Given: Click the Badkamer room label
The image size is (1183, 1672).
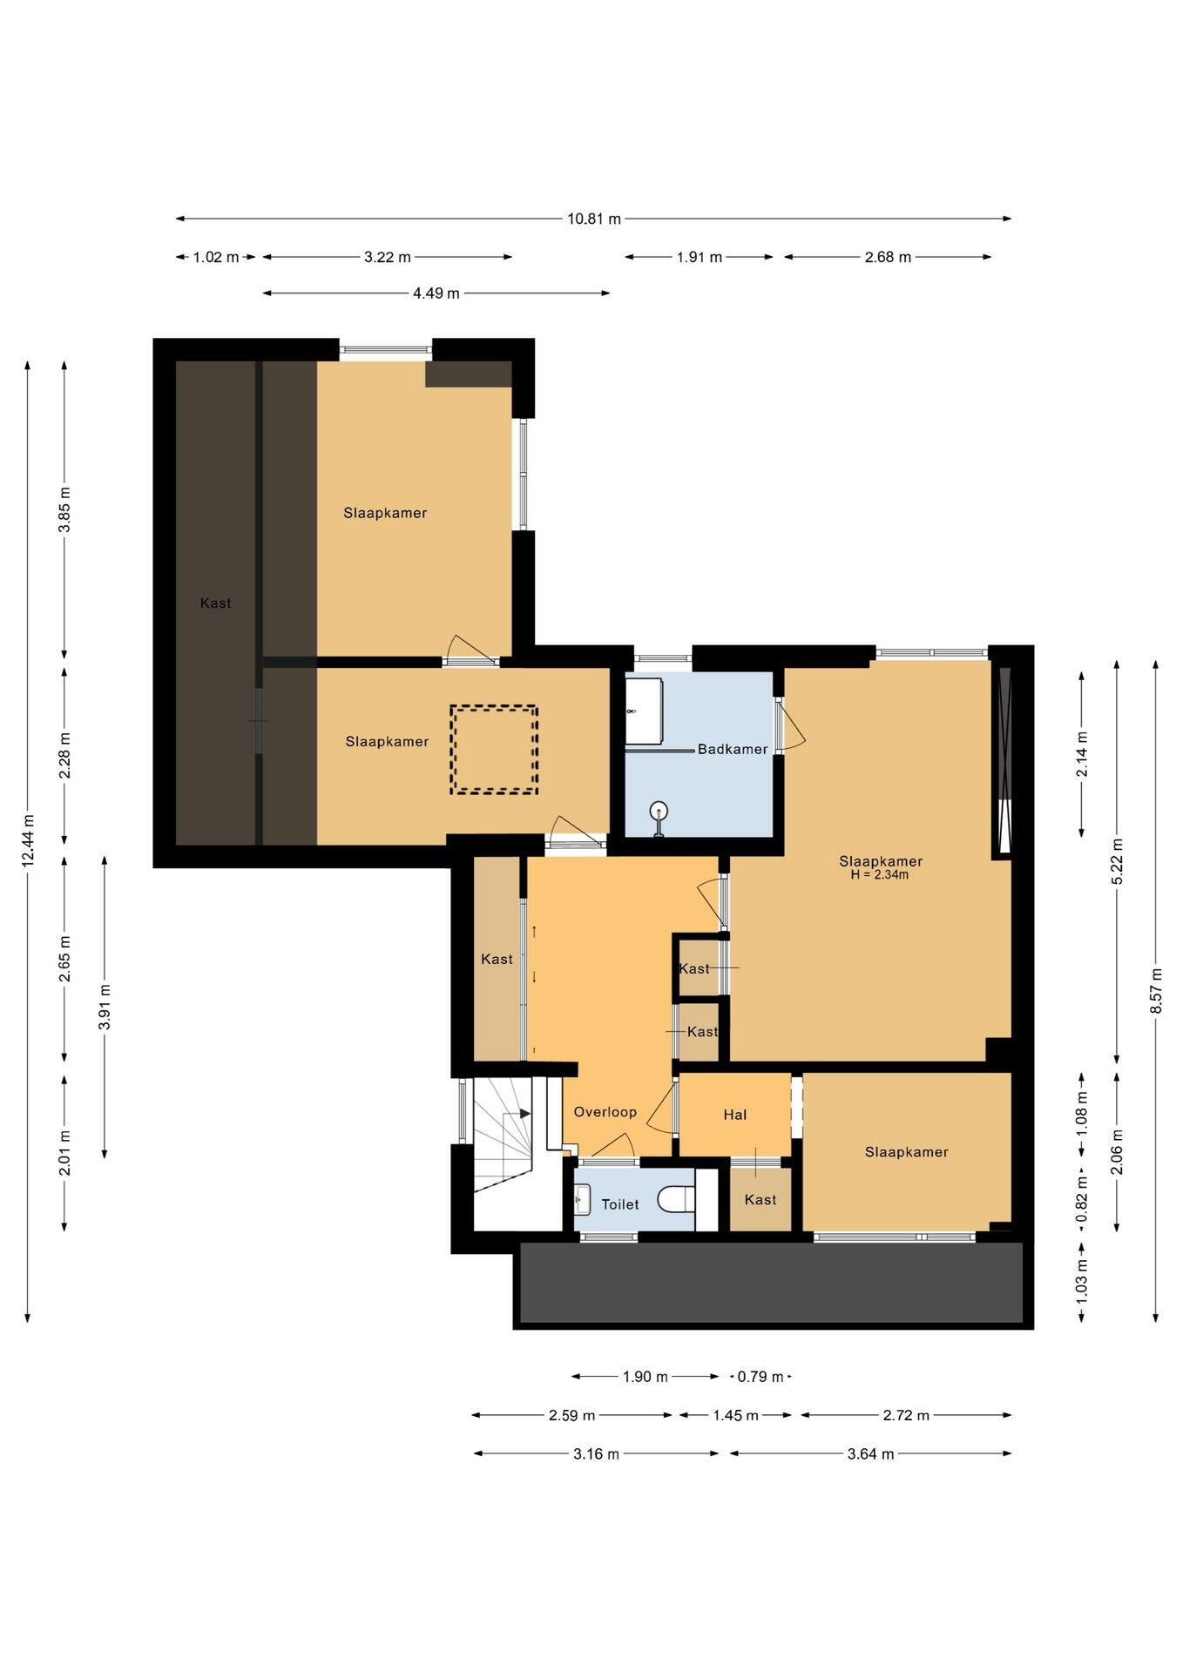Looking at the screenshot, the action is pyautogui.click(x=733, y=749).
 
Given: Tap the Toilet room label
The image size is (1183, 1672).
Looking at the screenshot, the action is pyautogui.click(x=620, y=1204).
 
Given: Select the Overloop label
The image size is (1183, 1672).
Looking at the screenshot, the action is pyautogui.click(x=605, y=1112).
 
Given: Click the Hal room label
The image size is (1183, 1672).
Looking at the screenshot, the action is pyautogui.click(x=735, y=1115).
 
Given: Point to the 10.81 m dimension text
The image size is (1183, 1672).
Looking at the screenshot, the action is pyautogui.click(x=594, y=219).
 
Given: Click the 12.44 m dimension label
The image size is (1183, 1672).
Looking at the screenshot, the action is pyautogui.click(x=28, y=840).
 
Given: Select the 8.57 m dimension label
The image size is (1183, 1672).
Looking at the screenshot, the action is pyautogui.click(x=1156, y=990).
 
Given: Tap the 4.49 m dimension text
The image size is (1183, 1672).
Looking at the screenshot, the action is pyautogui.click(x=436, y=293).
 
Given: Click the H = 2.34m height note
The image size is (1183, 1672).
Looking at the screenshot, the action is pyautogui.click(x=880, y=875).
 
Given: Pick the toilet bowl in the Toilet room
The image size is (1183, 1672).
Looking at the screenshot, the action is pyautogui.click(x=676, y=1200).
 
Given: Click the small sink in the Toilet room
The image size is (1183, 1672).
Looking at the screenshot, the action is pyautogui.click(x=583, y=1200).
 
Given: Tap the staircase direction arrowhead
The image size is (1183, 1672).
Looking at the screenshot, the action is pyautogui.click(x=524, y=1113).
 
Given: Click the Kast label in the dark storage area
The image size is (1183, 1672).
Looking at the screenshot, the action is pyautogui.click(x=216, y=603).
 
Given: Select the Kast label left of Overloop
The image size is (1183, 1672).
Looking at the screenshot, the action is pyautogui.click(x=497, y=959).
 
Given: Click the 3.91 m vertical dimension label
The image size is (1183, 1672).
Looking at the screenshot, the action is pyautogui.click(x=105, y=1007).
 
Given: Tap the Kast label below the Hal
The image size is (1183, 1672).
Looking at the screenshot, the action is pyautogui.click(x=760, y=1199).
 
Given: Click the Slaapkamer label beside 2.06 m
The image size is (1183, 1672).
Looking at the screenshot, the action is pyautogui.click(x=907, y=1151).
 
